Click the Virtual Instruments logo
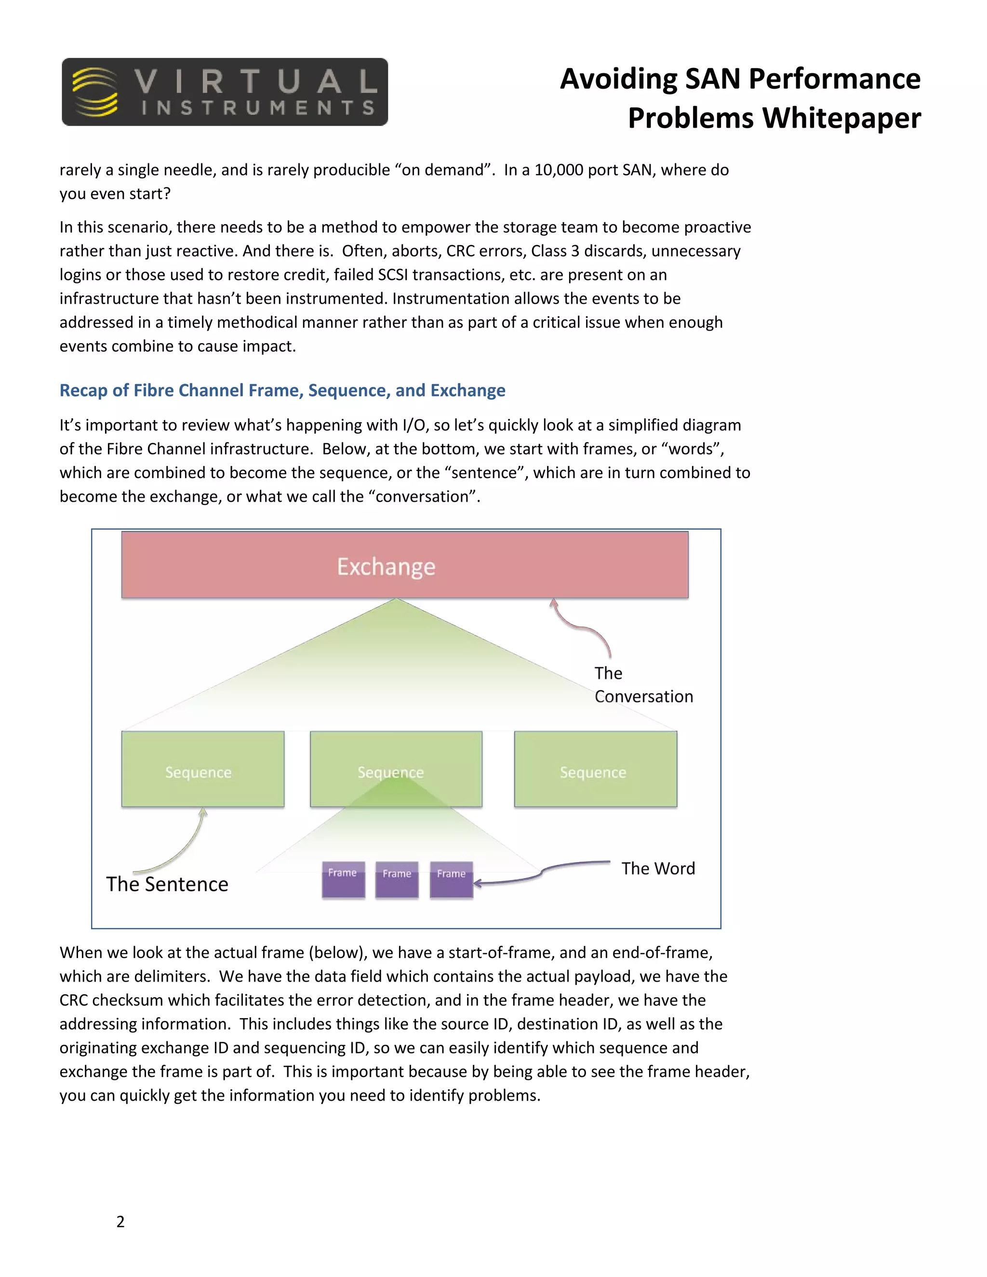click(225, 92)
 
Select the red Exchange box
click(405, 565)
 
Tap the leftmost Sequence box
click(202, 769)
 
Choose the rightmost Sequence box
click(595, 769)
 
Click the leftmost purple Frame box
click(343, 879)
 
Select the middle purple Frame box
click(397, 880)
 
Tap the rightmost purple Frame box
click(451, 880)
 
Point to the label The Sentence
click(167, 884)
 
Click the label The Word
click(658, 868)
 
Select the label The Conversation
click(643, 685)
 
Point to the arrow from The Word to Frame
click(541, 874)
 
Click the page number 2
click(120, 1222)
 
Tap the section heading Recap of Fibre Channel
click(282, 390)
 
